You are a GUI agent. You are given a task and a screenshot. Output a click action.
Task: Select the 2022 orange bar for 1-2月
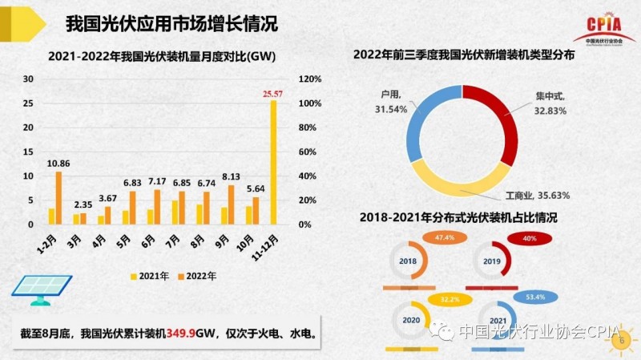pos(58,197)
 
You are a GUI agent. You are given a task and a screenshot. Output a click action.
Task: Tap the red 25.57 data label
pos(272,94)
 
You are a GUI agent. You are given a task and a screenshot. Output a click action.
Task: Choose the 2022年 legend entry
pos(196,276)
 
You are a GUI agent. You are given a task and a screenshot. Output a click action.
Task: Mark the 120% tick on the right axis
pos(309,79)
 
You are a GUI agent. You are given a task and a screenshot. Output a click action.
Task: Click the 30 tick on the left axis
pos(28,79)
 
